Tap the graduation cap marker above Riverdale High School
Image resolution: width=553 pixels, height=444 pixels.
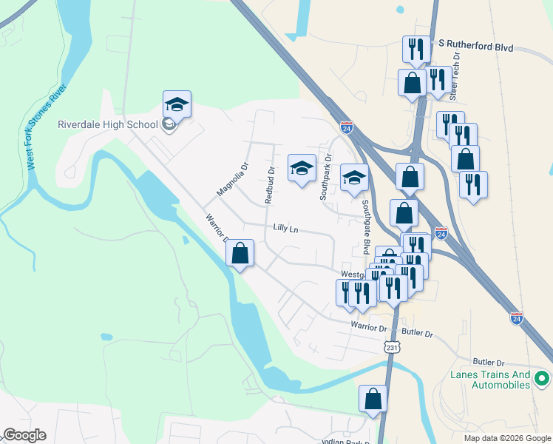(177, 104)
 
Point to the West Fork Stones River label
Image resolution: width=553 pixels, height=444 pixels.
(47, 127)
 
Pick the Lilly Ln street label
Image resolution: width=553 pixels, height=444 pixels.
(285, 229)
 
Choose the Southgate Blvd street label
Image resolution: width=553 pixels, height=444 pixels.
(364, 226)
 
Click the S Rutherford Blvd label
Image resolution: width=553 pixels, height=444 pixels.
(475, 46)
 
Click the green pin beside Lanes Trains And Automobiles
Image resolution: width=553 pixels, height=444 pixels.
(542, 380)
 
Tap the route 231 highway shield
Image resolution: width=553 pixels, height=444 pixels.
(392, 346)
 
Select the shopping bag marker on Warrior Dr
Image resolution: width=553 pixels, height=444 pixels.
(240, 254)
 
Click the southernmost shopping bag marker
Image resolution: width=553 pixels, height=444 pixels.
(373, 398)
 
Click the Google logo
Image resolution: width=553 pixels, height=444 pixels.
(24, 435)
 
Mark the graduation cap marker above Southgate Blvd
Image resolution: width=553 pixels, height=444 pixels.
(354, 178)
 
